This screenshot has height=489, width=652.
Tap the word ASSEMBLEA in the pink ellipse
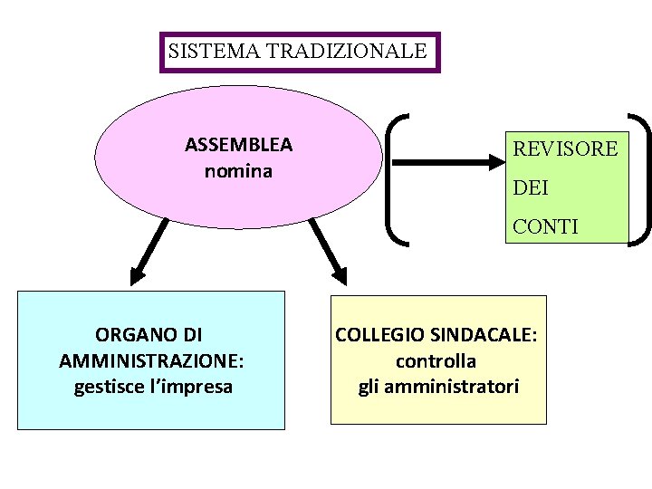point(238,145)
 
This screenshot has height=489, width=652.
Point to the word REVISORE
point(565,149)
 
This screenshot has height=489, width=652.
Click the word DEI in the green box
point(531,188)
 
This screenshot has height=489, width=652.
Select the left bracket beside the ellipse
point(397,177)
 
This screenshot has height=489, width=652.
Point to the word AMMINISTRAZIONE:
point(151,361)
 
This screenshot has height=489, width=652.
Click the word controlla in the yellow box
point(436,361)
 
